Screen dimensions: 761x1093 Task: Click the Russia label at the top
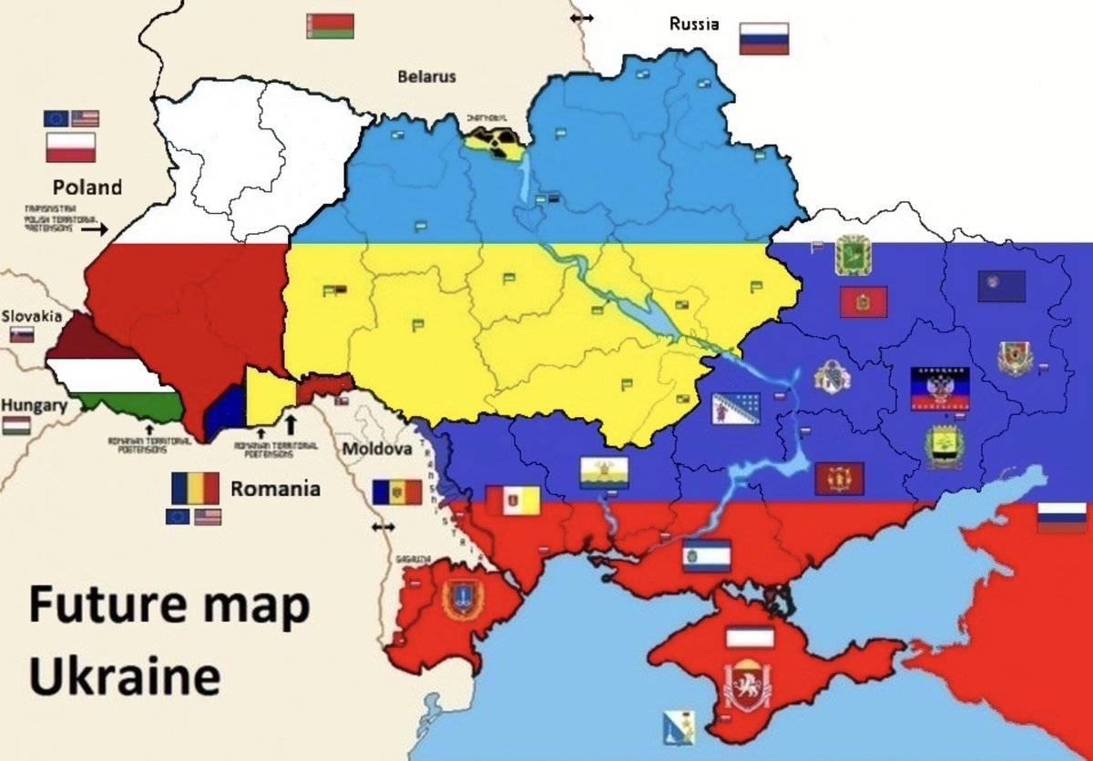[x=693, y=24]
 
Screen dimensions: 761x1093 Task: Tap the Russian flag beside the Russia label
[x=763, y=39]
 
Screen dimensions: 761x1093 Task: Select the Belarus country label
[x=426, y=76]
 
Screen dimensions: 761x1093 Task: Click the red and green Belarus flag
[x=330, y=25]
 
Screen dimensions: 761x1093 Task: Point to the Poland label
[x=87, y=188]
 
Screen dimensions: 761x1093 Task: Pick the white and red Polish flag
[x=71, y=147]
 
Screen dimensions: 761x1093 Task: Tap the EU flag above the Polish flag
[x=56, y=118]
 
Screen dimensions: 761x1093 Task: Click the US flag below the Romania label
[x=208, y=517]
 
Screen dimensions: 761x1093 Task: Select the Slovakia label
[x=32, y=316]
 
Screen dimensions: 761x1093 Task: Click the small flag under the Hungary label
[x=15, y=425]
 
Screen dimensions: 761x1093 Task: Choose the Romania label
[x=275, y=489]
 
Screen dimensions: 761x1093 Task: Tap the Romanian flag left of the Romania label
[x=195, y=488]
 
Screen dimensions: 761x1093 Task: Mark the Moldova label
[x=377, y=450]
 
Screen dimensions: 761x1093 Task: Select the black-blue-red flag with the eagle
[x=940, y=389]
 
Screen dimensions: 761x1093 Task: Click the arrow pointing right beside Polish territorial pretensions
[x=93, y=229]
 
